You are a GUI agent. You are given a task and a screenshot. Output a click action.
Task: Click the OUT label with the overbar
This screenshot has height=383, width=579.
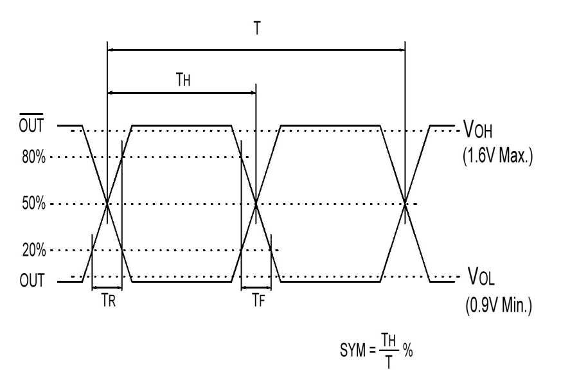pyautogui.click(x=31, y=125)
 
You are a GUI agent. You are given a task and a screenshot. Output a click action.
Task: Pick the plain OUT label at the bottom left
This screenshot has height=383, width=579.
pyautogui.click(x=31, y=281)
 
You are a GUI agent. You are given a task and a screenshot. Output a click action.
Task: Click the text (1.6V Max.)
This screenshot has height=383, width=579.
pyautogui.click(x=497, y=158)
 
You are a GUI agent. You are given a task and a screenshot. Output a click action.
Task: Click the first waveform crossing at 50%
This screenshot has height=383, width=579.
pyautogui.click(x=107, y=204)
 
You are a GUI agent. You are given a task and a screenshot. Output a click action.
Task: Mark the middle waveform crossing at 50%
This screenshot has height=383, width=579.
pyautogui.click(x=256, y=204)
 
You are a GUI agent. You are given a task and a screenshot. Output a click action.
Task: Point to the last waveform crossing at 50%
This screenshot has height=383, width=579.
pyautogui.click(x=405, y=204)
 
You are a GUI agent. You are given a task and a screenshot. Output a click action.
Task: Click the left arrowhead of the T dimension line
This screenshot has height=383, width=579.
pyautogui.click(x=111, y=49)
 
